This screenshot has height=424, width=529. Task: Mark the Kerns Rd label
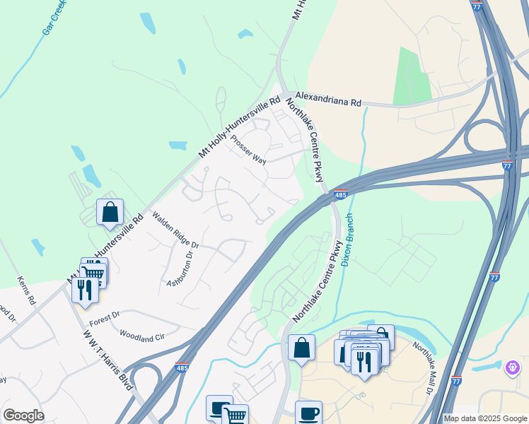pyautogui.click(x=26, y=290)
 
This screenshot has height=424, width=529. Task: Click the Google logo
pyautogui.click(x=23, y=416)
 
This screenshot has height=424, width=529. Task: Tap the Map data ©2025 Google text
pyautogui.click(x=484, y=418)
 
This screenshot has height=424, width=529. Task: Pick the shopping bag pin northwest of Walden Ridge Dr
pyautogui.click(x=110, y=212)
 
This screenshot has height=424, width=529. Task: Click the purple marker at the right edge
pyautogui.click(x=513, y=368)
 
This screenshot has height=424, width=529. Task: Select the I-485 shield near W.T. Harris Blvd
pyautogui.click(x=182, y=367)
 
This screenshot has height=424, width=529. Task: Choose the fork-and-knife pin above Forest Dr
pyautogui.click(x=84, y=291)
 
